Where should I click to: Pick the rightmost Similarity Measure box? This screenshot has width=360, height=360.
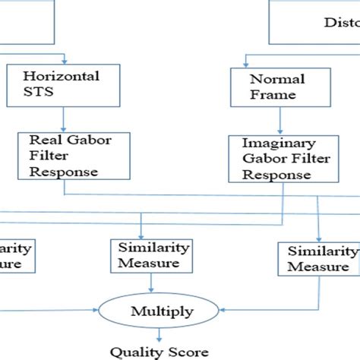pos(317,258)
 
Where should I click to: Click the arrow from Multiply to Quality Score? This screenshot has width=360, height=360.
pos(158,334)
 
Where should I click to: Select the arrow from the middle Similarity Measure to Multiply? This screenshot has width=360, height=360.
pos(152,283)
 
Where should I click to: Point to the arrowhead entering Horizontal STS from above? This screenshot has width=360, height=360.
pos(65,61)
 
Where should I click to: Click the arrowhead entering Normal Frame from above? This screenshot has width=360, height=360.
pos(247,64)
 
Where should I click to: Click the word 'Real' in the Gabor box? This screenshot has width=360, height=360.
pos(41,141)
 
